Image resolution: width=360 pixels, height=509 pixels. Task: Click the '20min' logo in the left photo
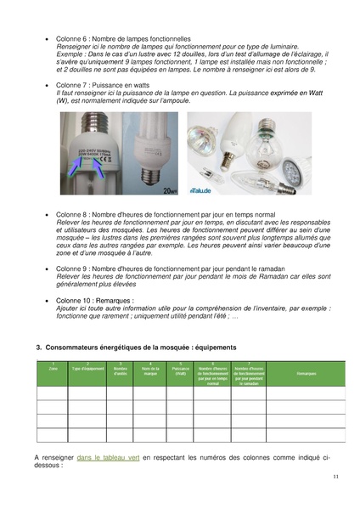(x=169, y=192)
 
